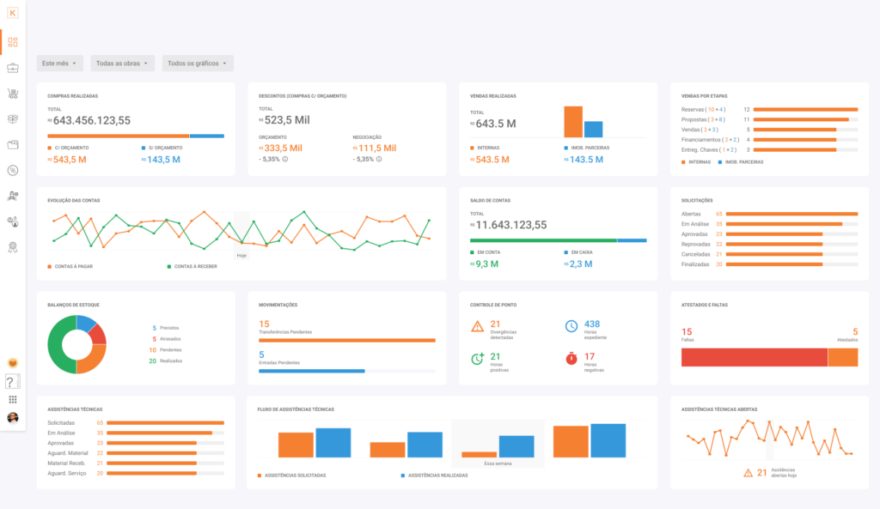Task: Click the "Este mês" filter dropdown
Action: click(60, 64)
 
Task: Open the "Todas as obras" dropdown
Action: click(122, 64)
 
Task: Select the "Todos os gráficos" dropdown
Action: click(197, 64)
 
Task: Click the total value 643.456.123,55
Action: click(89, 121)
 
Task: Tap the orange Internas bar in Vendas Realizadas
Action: click(572, 122)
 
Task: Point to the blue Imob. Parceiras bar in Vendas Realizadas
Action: click(593, 129)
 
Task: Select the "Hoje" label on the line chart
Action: click(241, 255)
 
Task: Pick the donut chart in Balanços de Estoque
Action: click(76, 344)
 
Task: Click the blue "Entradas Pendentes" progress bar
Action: click(312, 371)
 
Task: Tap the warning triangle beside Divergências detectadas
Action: click(478, 326)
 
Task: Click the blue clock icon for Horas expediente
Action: click(571, 326)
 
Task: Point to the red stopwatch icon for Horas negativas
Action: click(571, 359)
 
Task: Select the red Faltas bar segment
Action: click(754, 357)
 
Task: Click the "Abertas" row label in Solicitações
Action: click(691, 214)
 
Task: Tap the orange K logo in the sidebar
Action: click(13, 12)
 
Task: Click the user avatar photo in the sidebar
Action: click(13, 418)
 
